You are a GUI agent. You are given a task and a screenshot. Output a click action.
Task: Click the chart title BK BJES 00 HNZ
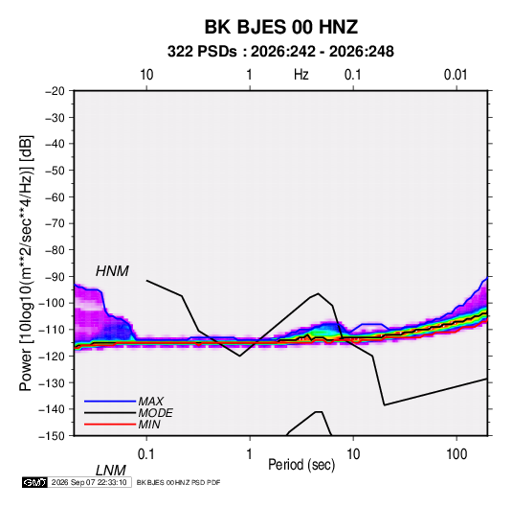tap(281, 27)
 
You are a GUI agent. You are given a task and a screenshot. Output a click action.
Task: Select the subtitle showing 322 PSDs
tap(280, 52)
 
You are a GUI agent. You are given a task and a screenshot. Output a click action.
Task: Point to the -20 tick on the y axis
tap(55, 91)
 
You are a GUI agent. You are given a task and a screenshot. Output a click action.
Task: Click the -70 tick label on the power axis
tap(55, 223)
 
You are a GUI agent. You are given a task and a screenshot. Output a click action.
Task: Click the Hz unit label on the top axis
tap(301, 75)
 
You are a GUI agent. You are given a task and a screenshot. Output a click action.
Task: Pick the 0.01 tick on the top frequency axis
tap(456, 75)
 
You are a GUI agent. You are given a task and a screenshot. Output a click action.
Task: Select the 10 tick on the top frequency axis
tap(146, 75)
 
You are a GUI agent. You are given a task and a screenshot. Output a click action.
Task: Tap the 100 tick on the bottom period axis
tap(456, 454)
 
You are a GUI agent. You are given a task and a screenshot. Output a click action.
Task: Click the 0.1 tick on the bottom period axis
tap(145, 454)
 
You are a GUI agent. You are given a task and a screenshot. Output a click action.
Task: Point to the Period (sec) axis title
tap(301, 465)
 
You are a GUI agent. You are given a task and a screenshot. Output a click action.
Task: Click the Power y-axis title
tap(26, 264)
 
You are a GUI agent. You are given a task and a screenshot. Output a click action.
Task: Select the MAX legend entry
tap(150, 402)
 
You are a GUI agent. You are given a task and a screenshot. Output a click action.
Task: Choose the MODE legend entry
tap(155, 413)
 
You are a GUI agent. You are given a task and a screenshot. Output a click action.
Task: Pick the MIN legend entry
tap(149, 425)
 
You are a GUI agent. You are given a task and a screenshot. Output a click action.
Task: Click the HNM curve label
tap(112, 271)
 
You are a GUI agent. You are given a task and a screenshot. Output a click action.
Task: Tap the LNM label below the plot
tap(111, 471)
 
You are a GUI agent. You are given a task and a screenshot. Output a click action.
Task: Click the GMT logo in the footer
tap(35, 482)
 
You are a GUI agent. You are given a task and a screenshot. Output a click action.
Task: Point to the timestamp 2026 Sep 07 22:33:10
tap(89, 482)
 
